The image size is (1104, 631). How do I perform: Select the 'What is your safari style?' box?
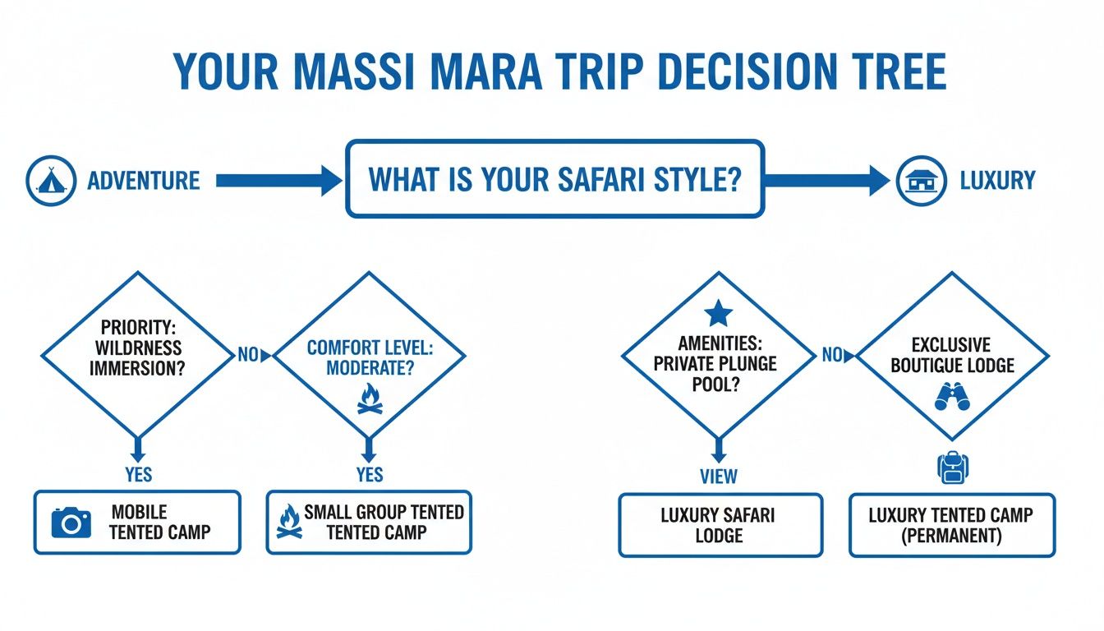coord(555,179)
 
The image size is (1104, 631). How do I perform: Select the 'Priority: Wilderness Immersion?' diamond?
coord(137,355)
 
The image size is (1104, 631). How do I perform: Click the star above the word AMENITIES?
coord(717,313)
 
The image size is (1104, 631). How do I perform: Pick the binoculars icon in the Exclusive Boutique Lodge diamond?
coord(952,396)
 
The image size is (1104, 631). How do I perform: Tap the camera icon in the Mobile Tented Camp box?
coord(71,522)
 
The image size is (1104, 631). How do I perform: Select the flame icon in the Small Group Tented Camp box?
coord(288,522)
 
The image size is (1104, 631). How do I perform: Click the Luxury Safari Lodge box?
coord(719,525)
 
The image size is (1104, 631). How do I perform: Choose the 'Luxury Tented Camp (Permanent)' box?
coord(950,525)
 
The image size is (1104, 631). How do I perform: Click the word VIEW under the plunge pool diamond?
coord(718,476)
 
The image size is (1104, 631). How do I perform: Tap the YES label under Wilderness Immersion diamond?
coord(137,475)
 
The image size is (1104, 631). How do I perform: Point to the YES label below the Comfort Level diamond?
coord(370,475)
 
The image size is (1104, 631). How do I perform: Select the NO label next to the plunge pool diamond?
coord(831,355)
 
